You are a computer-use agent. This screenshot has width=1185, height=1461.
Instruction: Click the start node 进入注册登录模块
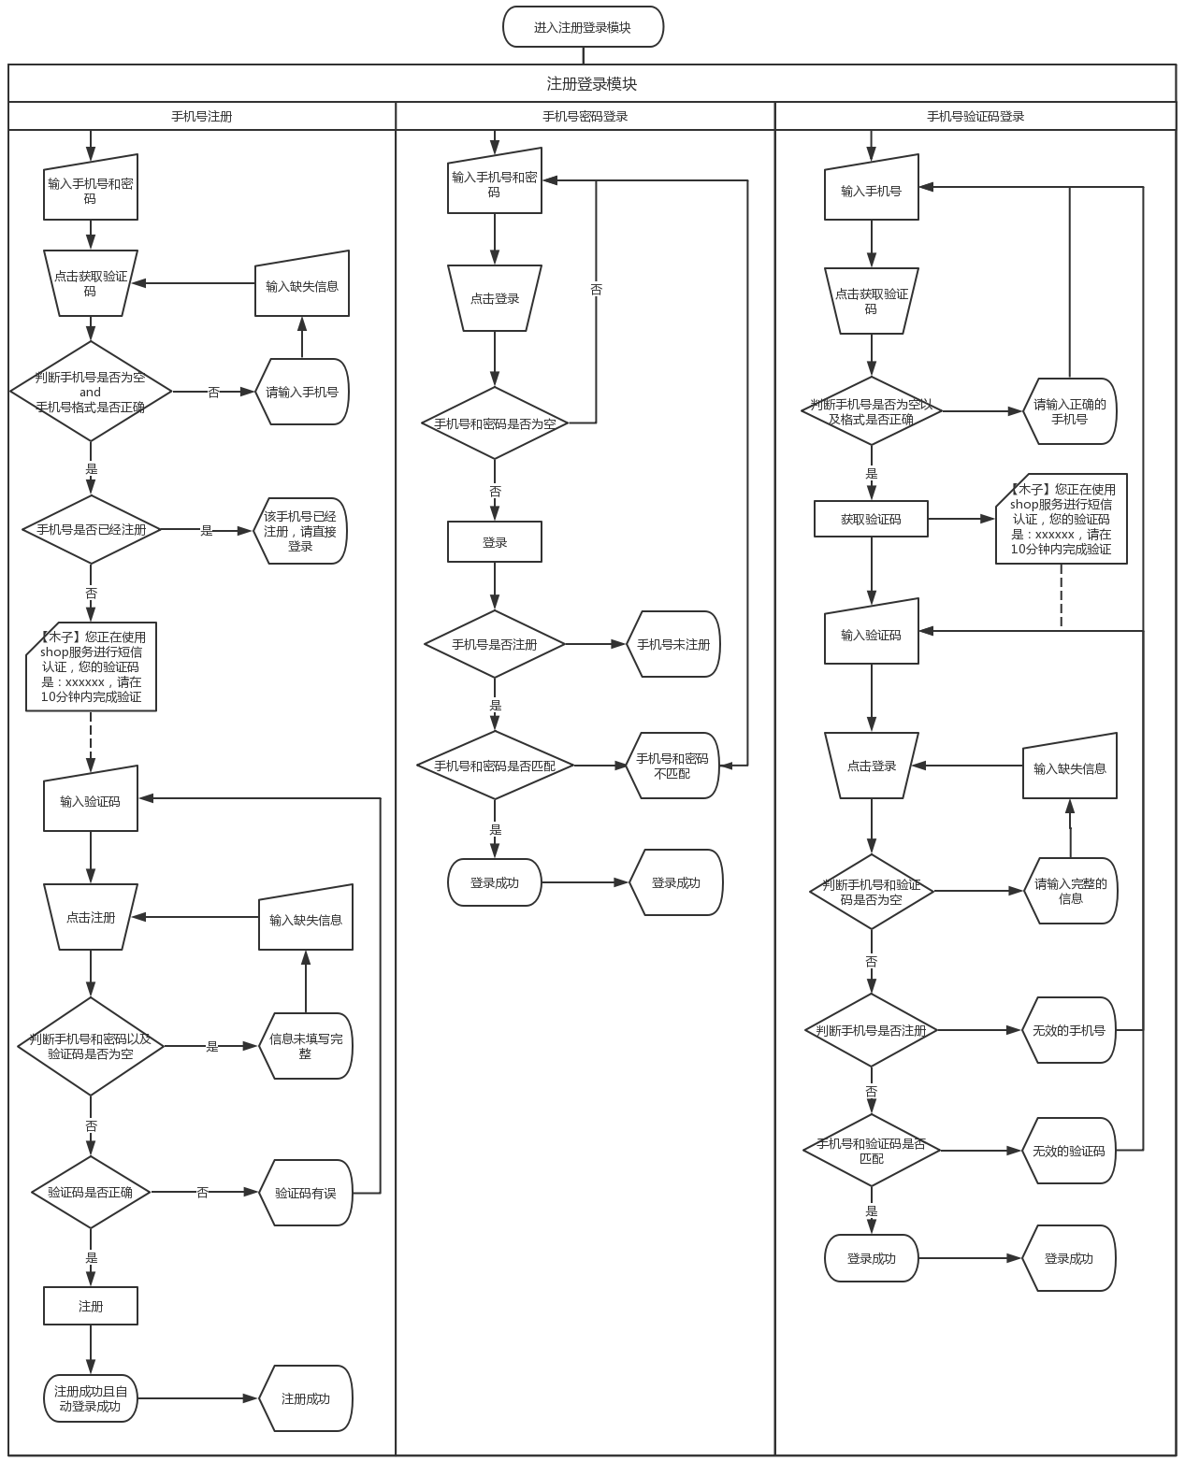click(x=583, y=27)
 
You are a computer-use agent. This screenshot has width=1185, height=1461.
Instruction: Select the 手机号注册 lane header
click(x=201, y=117)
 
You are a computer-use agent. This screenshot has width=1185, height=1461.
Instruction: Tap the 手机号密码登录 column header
click(x=585, y=117)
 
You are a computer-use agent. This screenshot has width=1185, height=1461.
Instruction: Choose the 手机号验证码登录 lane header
click(x=975, y=117)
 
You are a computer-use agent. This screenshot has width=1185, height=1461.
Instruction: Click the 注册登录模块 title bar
click(x=591, y=83)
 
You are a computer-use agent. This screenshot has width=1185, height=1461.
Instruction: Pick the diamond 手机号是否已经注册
click(x=91, y=530)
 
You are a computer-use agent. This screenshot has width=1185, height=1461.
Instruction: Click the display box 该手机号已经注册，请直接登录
click(x=300, y=530)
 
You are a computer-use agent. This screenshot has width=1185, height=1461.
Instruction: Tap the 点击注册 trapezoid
click(x=91, y=918)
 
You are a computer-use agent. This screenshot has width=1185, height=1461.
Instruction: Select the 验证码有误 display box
click(x=305, y=1193)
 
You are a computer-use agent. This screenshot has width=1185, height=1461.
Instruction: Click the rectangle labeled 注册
click(x=91, y=1306)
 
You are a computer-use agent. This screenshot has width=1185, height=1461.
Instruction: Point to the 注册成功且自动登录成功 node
click(x=91, y=1398)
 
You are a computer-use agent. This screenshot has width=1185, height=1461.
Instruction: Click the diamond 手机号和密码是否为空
click(x=495, y=423)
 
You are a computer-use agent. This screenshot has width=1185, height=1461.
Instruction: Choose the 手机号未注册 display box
click(x=673, y=644)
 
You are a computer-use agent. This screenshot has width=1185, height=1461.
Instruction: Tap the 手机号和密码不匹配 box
click(x=672, y=766)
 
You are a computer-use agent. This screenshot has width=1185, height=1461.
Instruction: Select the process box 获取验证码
click(x=871, y=519)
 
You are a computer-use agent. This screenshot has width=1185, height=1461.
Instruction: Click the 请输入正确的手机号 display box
click(x=1070, y=411)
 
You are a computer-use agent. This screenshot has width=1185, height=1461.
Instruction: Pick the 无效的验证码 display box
click(x=1069, y=1151)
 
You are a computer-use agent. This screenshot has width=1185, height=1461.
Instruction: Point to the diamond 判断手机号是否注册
click(x=871, y=1030)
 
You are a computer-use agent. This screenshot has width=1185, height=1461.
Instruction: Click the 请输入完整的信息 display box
click(x=1070, y=891)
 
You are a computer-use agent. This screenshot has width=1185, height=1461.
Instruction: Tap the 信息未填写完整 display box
click(x=305, y=1046)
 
